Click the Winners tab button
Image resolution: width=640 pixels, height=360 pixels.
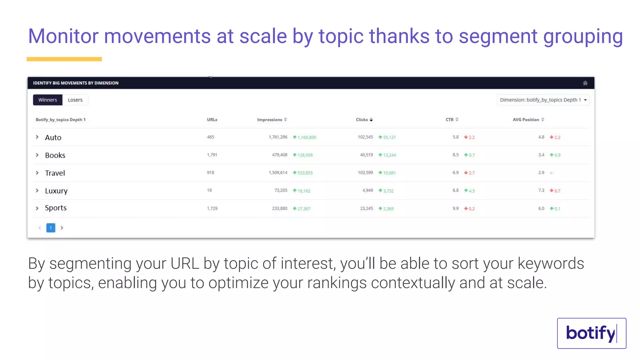point(47,100)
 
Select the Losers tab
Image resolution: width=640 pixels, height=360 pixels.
point(75,100)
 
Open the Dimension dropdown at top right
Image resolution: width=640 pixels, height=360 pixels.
point(543,100)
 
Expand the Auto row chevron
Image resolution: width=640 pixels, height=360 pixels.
point(37,137)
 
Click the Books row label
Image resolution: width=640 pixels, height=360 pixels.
point(55,155)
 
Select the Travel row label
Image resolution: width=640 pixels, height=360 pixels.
point(55,173)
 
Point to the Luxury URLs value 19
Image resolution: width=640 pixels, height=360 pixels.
point(209,190)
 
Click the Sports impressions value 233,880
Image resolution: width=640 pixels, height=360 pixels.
point(279,208)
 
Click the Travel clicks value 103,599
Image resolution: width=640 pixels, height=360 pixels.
point(365,172)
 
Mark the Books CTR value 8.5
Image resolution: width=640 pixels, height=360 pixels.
point(455,155)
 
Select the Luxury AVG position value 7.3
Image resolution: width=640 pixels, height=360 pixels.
point(541,190)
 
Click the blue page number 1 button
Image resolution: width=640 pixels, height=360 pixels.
point(51,228)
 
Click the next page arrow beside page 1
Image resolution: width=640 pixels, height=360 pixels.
point(62,228)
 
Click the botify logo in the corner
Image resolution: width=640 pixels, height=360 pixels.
point(591,333)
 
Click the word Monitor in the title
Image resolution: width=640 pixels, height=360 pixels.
point(63,36)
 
